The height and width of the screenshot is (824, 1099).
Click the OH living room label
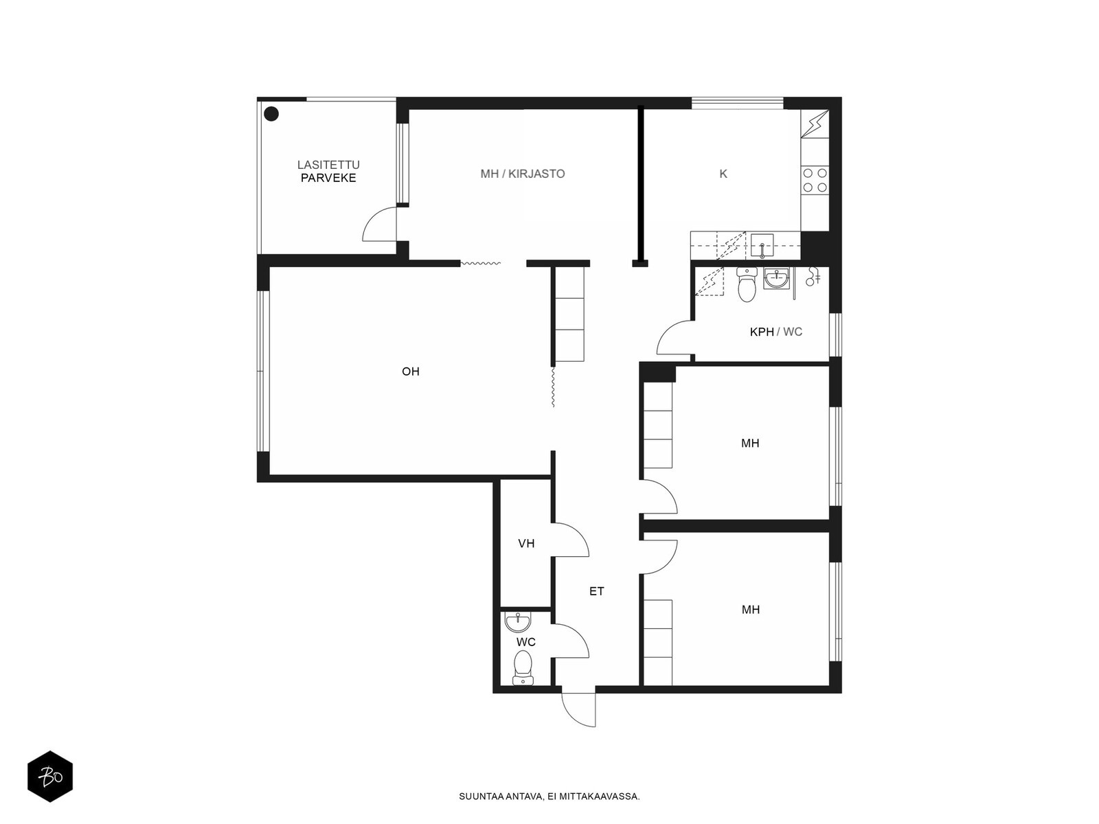tap(410, 371)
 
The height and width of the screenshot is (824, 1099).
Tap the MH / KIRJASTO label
tap(522, 174)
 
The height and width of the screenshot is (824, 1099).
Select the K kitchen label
tap(723, 174)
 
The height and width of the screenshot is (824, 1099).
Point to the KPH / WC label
tap(775, 332)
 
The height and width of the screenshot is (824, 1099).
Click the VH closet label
tap(526, 543)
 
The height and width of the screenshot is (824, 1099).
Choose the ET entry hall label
tap(596, 591)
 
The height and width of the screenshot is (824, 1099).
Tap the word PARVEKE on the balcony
tap(328, 178)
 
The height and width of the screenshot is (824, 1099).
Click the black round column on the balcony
tap(271, 114)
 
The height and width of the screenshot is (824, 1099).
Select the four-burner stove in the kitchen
tap(815, 181)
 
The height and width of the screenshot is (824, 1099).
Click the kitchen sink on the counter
tap(762, 246)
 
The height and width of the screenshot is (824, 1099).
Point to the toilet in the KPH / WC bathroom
tap(747, 284)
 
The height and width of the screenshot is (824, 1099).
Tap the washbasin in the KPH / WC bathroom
tap(777, 277)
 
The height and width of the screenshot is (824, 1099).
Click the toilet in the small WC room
tap(523, 667)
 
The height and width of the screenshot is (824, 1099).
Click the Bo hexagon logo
tap(50, 777)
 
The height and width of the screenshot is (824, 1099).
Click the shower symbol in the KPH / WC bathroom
tap(813, 277)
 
